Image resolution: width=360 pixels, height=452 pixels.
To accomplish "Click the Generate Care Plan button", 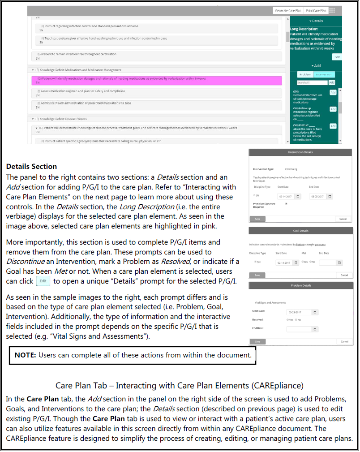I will click(288, 10).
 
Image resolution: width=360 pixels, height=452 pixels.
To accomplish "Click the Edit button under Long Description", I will click(337, 57).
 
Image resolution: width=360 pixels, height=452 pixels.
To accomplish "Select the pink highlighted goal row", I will click(156, 80).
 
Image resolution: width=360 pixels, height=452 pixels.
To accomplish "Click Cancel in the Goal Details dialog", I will click(344, 275).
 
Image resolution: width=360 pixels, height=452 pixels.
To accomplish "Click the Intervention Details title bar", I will click(300, 152).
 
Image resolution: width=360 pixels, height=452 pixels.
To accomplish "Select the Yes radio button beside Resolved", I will click(287, 320).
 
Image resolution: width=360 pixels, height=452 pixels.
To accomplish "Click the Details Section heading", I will click(31, 166).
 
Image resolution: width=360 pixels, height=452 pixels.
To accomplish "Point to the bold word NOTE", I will click(26, 355).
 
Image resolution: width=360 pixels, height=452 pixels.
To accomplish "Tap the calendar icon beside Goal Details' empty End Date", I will click(340, 263).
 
